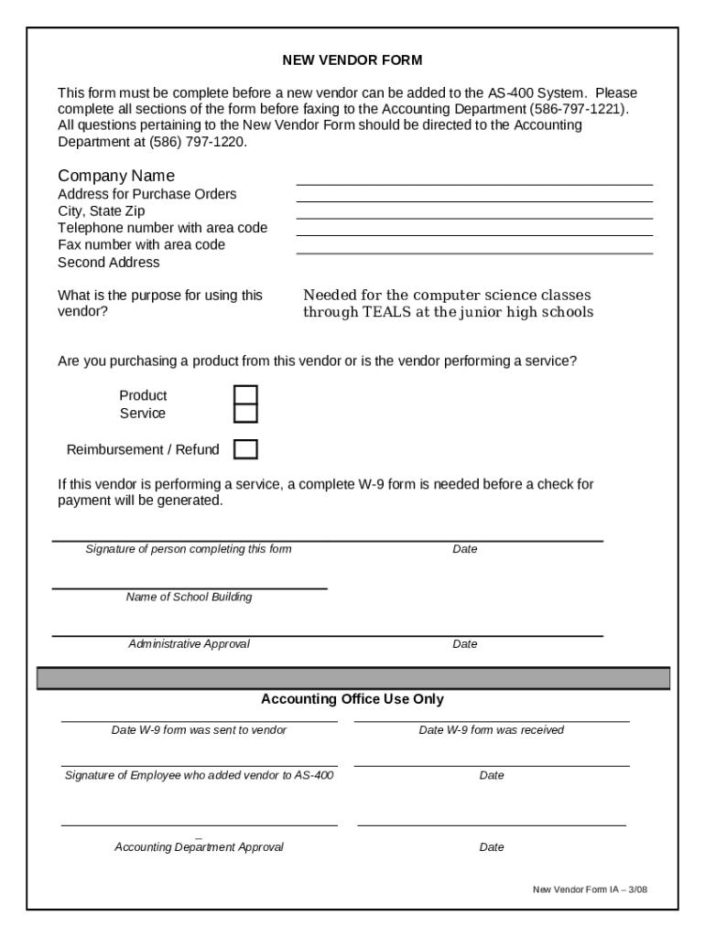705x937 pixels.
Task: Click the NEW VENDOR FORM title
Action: (x=352, y=60)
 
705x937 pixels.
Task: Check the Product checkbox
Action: (x=245, y=395)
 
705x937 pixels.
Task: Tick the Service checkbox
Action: (x=245, y=414)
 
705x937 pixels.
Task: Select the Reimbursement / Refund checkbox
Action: (x=245, y=449)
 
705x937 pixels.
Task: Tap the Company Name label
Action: (x=116, y=176)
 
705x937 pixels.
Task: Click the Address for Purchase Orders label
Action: (x=146, y=194)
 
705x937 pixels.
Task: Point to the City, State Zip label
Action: (x=101, y=211)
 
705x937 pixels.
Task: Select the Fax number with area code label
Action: (x=141, y=245)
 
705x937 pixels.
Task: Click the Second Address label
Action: (x=108, y=263)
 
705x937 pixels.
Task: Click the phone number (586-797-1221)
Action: (x=579, y=109)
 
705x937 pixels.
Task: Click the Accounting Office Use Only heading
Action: (x=352, y=699)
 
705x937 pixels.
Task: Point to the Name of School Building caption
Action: (x=189, y=598)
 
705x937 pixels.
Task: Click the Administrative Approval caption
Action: (x=189, y=644)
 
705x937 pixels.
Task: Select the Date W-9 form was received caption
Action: (x=491, y=730)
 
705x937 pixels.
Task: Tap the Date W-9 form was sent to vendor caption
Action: (x=199, y=730)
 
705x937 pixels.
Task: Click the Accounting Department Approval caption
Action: (x=199, y=847)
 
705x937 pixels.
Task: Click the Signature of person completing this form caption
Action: (x=189, y=549)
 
